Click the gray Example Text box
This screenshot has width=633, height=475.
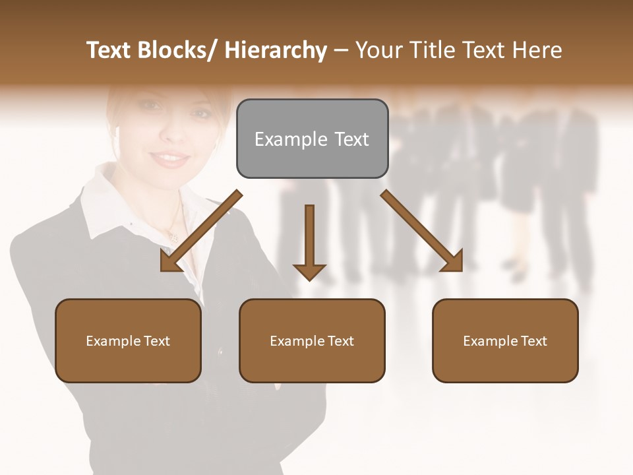(312, 139)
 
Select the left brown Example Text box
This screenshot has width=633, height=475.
(128, 340)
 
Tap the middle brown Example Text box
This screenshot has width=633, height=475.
(312, 340)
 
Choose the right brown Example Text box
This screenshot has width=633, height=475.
(505, 340)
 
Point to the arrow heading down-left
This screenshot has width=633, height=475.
(201, 231)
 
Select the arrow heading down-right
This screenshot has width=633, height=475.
(422, 231)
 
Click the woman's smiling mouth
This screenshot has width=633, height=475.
(170, 158)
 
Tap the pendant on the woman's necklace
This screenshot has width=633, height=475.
(173, 235)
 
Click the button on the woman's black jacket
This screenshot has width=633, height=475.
(220, 352)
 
